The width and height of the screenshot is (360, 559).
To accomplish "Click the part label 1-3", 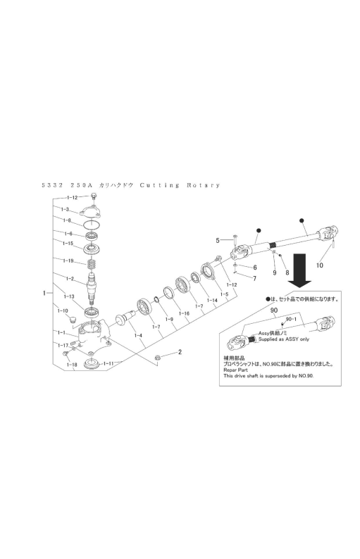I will tap(64, 210).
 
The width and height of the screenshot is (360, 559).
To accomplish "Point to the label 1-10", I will tap(63, 310).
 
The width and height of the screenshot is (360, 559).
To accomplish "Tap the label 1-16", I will tap(184, 313).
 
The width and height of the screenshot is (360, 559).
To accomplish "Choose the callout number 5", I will tap(218, 240).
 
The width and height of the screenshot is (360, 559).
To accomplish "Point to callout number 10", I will tap(320, 266).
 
